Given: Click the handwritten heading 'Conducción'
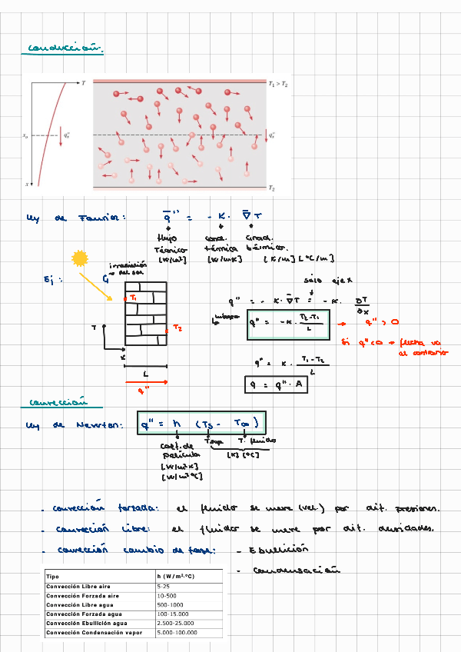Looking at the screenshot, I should pos(65,48).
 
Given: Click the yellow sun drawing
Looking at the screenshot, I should pos(80,259).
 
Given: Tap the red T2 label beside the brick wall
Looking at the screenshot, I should pos(177,328).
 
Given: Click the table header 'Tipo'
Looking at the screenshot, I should pos(52,576).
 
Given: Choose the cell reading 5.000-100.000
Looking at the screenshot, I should pos(177,632).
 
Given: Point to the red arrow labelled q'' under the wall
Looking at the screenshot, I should pos(142,382).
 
